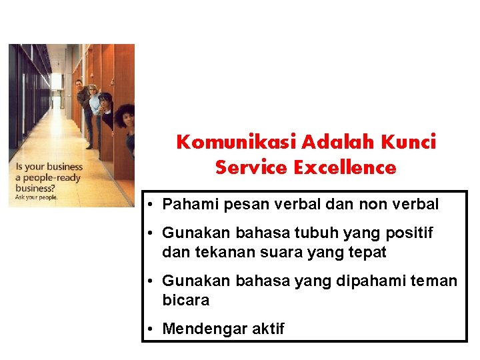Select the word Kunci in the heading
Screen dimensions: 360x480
click(x=410, y=142)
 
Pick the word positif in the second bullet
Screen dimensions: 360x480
click(x=409, y=233)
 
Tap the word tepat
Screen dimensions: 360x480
click(x=367, y=253)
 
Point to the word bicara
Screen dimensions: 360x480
click(x=185, y=301)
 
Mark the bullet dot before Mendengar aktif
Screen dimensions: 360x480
click(x=153, y=329)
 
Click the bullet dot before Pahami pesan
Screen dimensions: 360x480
click(x=153, y=204)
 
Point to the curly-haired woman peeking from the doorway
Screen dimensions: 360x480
click(x=125, y=120)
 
